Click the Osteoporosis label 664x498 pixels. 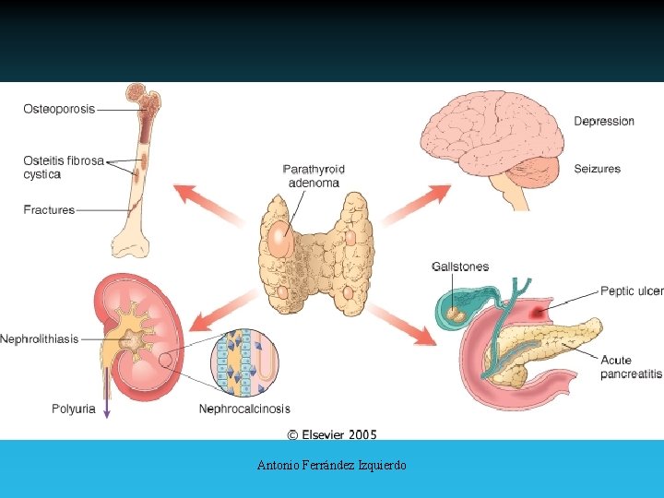click(x=59, y=109)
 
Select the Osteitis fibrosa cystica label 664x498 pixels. click(x=63, y=167)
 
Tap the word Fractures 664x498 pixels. click(x=49, y=210)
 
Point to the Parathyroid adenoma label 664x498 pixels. click(x=314, y=175)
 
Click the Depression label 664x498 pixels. click(x=604, y=121)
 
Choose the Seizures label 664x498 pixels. click(x=597, y=169)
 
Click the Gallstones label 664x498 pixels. click(x=460, y=267)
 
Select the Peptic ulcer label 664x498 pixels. click(x=631, y=291)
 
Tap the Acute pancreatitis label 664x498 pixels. click(x=631, y=367)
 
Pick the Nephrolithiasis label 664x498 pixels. click(x=39, y=339)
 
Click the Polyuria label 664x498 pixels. click(x=73, y=409)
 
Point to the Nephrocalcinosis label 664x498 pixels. click(x=244, y=409)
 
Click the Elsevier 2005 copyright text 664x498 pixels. click(x=332, y=434)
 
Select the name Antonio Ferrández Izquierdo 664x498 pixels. click(x=332, y=466)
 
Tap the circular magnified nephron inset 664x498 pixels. click(x=244, y=363)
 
